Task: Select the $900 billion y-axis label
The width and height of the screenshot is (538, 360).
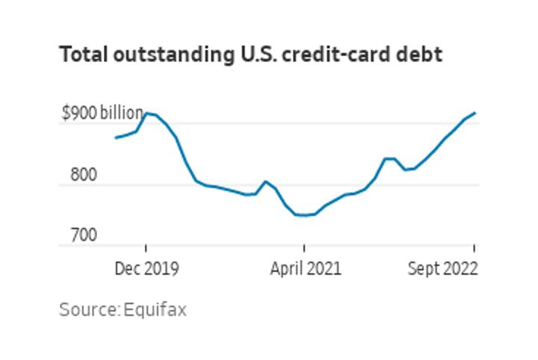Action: click(102, 114)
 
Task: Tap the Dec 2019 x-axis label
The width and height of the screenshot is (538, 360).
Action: click(146, 268)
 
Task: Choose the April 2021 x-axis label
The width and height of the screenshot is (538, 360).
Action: click(306, 268)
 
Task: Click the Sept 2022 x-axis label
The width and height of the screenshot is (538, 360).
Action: click(442, 268)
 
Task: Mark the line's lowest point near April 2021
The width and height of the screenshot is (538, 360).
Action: click(304, 215)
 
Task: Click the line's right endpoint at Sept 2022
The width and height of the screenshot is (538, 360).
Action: click(475, 113)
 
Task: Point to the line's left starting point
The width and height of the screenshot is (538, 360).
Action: click(116, 137)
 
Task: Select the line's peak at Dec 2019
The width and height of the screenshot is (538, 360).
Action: click(146, 114)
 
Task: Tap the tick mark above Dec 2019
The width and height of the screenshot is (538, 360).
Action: click(146, 249)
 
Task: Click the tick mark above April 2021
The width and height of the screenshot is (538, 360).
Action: click(304, 249)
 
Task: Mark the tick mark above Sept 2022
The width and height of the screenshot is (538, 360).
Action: click(474, 249)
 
